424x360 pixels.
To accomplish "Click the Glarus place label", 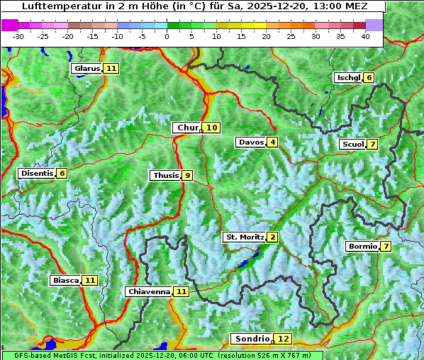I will pyautogui.click(x=87, y=69).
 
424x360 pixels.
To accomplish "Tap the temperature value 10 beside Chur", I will pyautogui.click(x=213, y=128).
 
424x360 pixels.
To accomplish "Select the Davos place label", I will pyautogui.click(x=251, y=142).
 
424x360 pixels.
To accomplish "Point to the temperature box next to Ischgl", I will pyautogui.click(x=369, y=78).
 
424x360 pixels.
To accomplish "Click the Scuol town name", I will pyautogui.click(x=352, y=145).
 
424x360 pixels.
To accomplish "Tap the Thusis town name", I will pyautogui.click(x=165, y=176).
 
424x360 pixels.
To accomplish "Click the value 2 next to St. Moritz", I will pyautogui.click(x=272, y=237).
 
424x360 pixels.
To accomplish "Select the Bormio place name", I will pyautogui.click(x=362, y=247).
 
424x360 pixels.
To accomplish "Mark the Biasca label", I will pyautogui.click(x=66, y=281).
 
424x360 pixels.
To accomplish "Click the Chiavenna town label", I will pyautogui.click(x=149, y=291).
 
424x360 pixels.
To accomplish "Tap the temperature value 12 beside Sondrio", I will pyautogui.click(x=283, y=339).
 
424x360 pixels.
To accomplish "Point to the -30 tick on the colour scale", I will pyautogui.click(x=18, y=36).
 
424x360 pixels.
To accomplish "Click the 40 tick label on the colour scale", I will pyautogui.click(x=365, y=36).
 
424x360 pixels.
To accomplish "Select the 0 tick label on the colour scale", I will pyautogui.click(x=167, y=36).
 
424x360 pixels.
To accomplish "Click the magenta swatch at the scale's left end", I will pyautogui.click(x=10, y=25).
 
